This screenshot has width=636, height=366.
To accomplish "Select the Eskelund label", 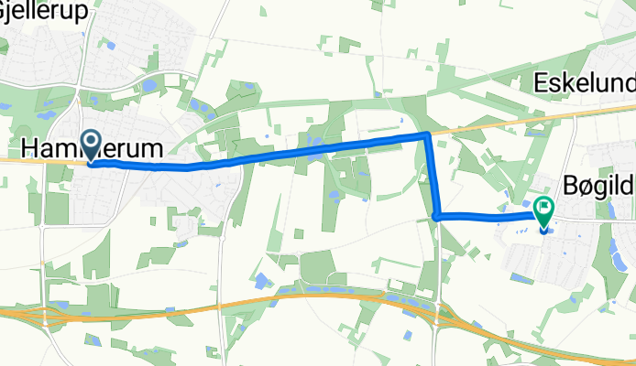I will (584, 85).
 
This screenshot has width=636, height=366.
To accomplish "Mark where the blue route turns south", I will (427, 135).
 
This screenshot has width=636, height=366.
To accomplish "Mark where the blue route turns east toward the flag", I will (437, 217).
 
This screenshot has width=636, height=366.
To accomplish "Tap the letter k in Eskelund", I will (566, 85).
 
